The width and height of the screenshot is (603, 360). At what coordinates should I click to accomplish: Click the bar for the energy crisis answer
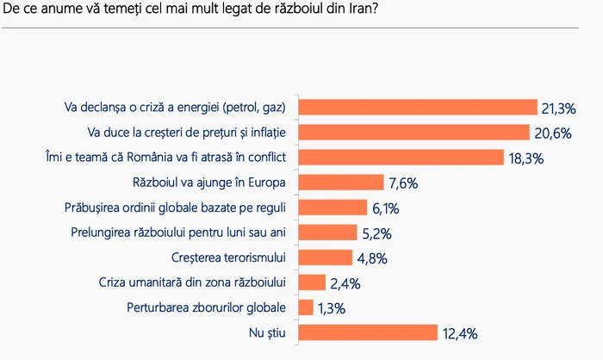(417, 107)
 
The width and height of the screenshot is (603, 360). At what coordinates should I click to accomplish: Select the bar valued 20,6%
(413, 132)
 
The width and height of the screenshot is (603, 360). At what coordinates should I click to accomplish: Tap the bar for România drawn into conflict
(401, 157)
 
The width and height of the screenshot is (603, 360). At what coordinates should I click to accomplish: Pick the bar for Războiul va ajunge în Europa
(340, 182)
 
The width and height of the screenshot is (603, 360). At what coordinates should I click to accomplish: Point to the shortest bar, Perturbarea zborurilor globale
(305, 307)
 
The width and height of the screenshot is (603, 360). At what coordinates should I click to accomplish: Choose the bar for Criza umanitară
(312, 282)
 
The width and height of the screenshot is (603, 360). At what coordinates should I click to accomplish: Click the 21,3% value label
(558, 108)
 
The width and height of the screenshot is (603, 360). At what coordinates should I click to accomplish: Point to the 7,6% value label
(402, 183)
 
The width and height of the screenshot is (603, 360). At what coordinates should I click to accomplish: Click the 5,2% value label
(377, 233)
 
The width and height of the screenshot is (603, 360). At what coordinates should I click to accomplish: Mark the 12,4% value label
(459, 332)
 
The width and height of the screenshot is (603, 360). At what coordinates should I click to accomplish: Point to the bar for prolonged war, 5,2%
(327, 232)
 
